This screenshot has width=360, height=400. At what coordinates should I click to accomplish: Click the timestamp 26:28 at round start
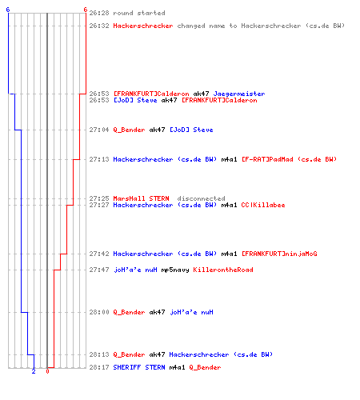pyautogui.click(x=99, y=13)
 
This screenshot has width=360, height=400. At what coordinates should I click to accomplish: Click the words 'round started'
pyautogui.click(x=139, y=13)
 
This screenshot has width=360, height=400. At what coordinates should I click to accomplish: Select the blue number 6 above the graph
pyautogui.click(x=8, y=10)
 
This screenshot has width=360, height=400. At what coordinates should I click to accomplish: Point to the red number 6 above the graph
pyautogui.click(x=86, y=10)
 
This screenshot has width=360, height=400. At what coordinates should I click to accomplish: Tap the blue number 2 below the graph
pyautogui.click(x=34, y=371)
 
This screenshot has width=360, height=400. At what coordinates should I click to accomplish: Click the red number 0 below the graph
pyautogui.click(x=47, y=371)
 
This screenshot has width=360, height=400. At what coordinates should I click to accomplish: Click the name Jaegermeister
pyautogui.click(x=239, y=94)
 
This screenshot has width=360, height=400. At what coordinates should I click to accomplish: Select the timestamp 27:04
pyautogui.click(x=99, y=130)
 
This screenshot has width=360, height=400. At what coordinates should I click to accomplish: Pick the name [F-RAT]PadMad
pyautogui.click(x=267, y=159)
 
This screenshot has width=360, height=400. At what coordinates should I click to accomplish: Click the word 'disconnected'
pyautogui.click(x=201, y=198)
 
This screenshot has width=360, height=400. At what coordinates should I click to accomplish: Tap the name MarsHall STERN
pyautogui.click(x=141, y=198)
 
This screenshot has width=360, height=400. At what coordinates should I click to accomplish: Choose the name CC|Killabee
pyautogui.click(x=263, y=205)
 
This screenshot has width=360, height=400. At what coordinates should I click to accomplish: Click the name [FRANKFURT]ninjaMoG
pyautogui.click(x=279, y=254)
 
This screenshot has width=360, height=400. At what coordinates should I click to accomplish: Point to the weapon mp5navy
pyautogui.click(x=175, y=270)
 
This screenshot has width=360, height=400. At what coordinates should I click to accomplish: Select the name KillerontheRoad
pyautogui.click(x=223, y=270)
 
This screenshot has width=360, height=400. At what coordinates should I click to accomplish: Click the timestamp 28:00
pyautogui.click(x=99, y=312)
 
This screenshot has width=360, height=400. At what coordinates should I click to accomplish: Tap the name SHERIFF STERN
pyautogui.click(x=139, y=367)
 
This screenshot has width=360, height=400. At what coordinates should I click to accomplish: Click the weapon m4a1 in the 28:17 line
pyautogui.click(x=177, y=367)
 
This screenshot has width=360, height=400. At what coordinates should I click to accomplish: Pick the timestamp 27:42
pyautogui.click(x=99, y=254)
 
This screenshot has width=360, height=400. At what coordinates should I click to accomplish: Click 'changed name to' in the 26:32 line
pyautogui.click(x=207, y=26)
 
